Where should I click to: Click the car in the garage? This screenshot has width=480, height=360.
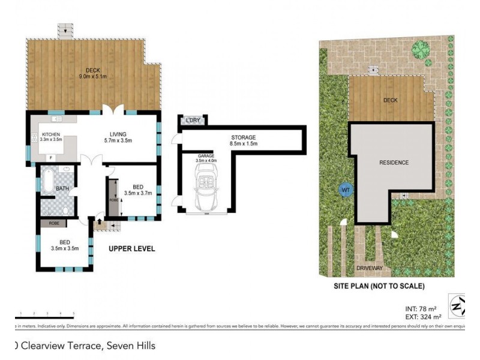coord(206,186)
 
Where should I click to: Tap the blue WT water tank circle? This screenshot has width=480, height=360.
coord(345,190)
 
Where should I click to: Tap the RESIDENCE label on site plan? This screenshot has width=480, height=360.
coord(394,163)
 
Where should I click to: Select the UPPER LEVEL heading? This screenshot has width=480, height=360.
coord(131,248)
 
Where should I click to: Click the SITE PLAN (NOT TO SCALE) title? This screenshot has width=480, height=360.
coord(379,286)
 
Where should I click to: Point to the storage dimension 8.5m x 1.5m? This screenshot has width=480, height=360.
coord(244,144)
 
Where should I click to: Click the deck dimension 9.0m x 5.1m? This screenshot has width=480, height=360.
coord(92,76)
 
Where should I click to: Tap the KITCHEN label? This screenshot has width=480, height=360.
coord(51,134)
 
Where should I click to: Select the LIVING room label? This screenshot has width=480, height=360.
coord(116,134)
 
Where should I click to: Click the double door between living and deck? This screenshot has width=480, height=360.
coord(115,112)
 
